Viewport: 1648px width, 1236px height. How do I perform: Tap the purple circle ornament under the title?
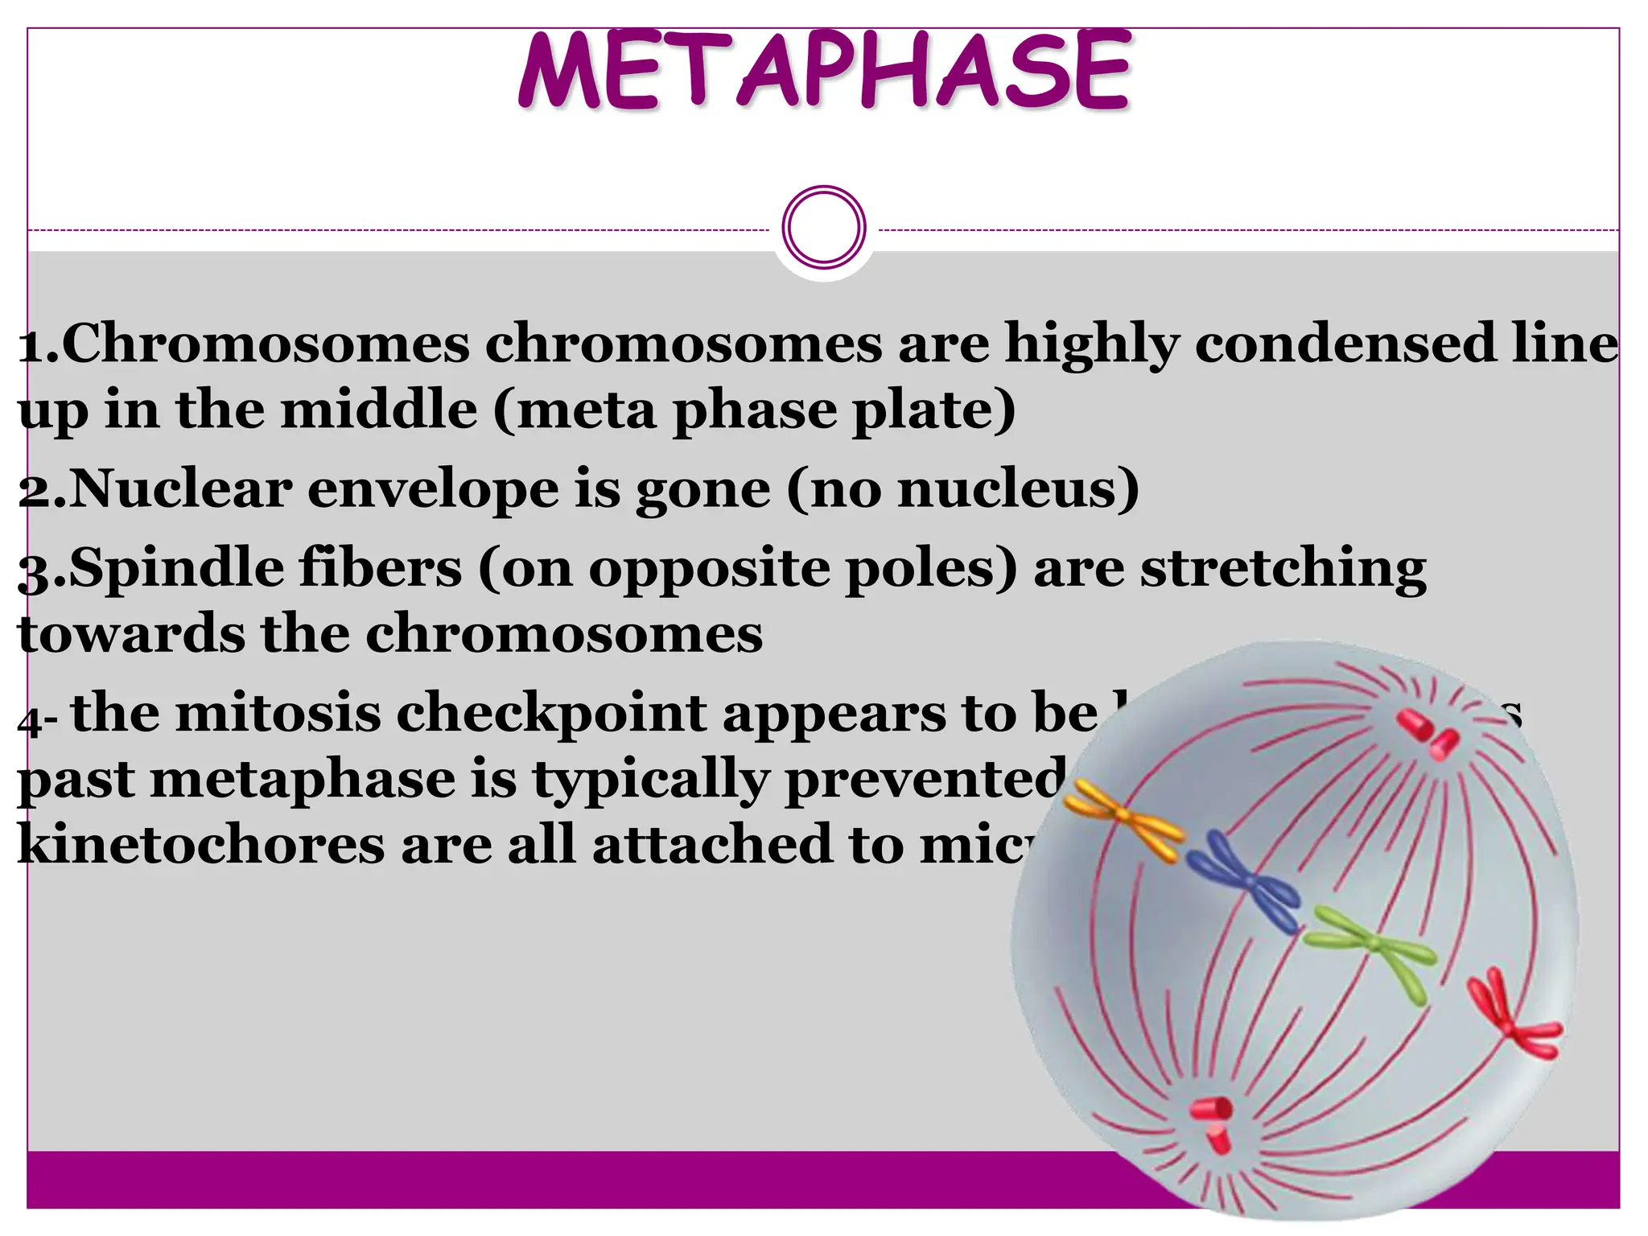click(x=824, y=228)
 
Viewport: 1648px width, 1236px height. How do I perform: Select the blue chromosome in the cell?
click(x=1243, y=883)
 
